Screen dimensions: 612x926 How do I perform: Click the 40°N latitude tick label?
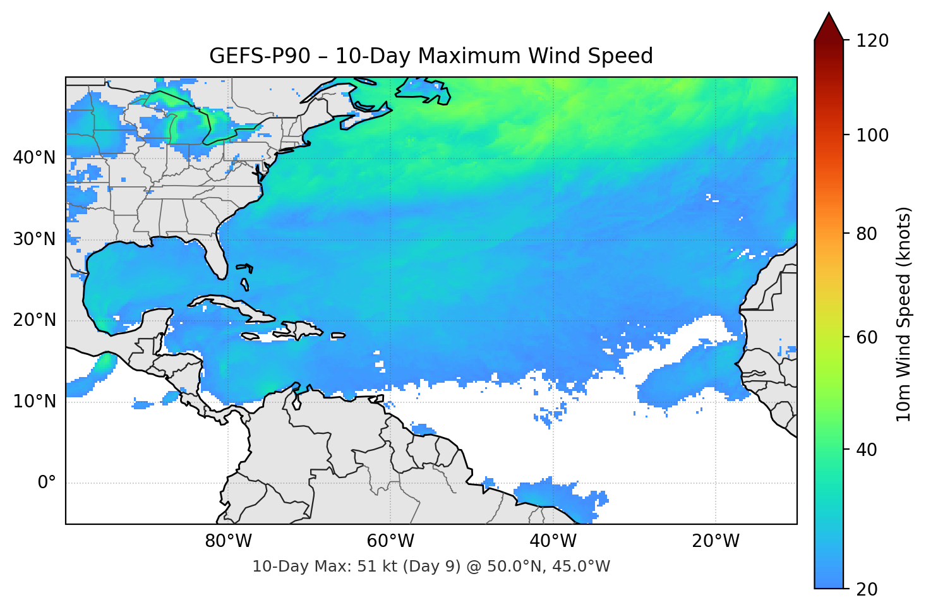(x=34, y=157)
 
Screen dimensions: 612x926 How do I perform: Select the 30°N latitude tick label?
(x=34, y=239)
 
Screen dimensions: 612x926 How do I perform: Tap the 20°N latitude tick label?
(x=34, y=320)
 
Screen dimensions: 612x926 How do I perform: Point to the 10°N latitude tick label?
(x=34, y=402)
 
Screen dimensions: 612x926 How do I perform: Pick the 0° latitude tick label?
(x=47, y=483)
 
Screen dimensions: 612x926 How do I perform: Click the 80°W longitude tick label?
(x=228, y=541)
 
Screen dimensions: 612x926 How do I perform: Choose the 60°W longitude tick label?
(x=390, y=541)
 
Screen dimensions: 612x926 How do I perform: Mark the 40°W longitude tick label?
(x=553, y=541)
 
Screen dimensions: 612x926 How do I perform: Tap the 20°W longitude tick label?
(x=715, y=541)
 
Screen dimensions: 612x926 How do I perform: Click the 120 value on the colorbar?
(x=872, y=40)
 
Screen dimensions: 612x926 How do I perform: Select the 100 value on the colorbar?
(x=872, y=135)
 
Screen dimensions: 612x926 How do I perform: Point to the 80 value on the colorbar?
(x=867, y=234)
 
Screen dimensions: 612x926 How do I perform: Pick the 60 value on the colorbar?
(x=867, y=337)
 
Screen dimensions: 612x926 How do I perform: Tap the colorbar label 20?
(x=867, y=589)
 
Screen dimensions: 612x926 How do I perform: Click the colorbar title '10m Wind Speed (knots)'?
(x=904, y=314)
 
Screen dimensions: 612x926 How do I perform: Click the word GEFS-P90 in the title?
(x=260, y=56)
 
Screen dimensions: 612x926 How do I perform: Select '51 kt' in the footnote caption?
(x=367, y=567)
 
